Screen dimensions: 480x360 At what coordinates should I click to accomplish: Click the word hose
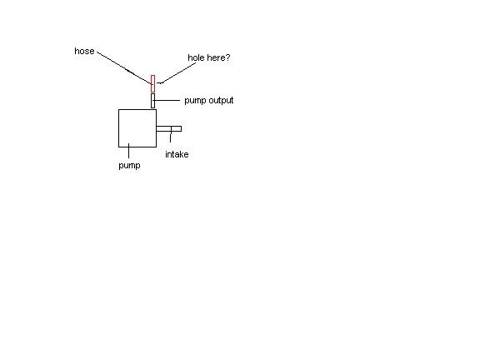click(84, 51)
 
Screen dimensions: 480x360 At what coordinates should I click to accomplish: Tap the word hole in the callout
click(196, 57)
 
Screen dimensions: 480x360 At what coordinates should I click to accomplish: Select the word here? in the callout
click(218, 57)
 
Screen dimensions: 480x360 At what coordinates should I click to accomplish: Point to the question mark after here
click(227, 57)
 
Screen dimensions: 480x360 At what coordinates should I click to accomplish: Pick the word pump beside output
click(195, 101)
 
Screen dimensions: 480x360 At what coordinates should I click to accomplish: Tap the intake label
click(177, 154)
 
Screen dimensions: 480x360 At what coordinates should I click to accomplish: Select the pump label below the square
click(129, 166)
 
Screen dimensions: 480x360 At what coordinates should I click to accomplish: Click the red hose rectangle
click(152, 83)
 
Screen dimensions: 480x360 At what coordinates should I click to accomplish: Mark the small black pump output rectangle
click(152, 101)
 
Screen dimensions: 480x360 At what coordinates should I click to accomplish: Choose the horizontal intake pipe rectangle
click(168, 127)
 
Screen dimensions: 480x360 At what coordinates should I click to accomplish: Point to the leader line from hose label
click(125, 67)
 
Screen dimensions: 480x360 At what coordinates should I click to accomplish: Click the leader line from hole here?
click(178, 72)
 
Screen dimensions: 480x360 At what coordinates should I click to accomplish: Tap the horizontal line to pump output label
click(166, 100)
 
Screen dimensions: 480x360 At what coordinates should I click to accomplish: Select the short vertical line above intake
click(171, 135)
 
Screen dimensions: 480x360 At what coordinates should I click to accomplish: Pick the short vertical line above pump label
click(128, 151)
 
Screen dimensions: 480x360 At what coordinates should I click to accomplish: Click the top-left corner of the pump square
click(118, 109)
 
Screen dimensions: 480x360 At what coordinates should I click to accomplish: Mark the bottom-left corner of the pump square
click(118, 147)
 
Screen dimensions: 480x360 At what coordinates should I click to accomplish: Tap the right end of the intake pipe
click(182, 129)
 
